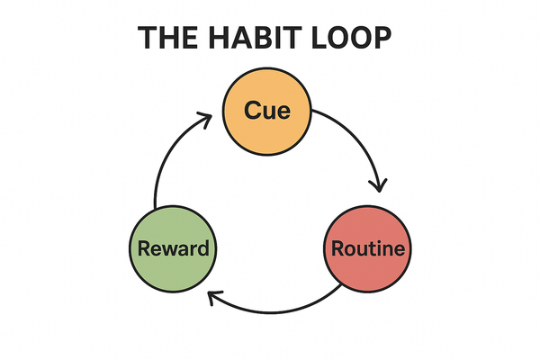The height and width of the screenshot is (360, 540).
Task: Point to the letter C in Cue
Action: [x=251, y=112]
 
